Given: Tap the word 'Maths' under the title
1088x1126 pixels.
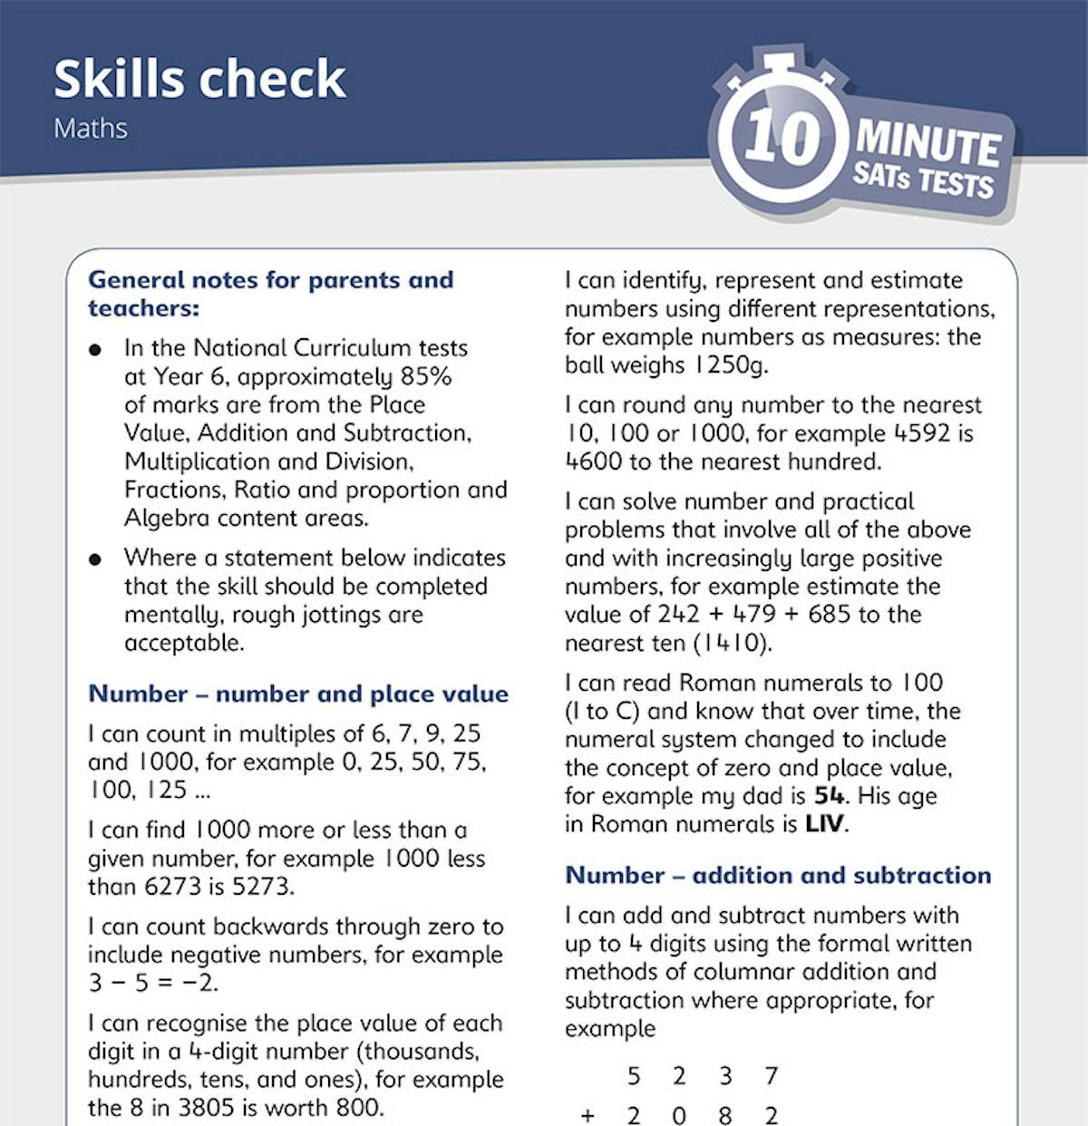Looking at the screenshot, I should pyautogui.click(x=91, y=128).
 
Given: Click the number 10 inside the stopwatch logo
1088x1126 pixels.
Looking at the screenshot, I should pyautogui.click(x=782, y=137).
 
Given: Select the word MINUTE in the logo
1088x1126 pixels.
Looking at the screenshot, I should pyautogui.click(x=928, y=143).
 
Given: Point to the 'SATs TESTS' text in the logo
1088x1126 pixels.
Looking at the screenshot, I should pyautogui.click(x=923, y=179).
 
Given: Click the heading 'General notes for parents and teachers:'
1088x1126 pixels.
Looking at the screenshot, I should pyautogui.click(x=270, y=294).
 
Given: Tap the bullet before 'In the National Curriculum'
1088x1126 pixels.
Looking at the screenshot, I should pyautogui.click(x=95, y=349).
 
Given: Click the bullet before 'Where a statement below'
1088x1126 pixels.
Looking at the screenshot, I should pyautogui.click(x=95, y=558).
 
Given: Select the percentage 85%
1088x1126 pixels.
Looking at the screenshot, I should pyautogui.click(x=425, y=376).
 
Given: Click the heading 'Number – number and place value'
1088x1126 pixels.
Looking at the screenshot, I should pyautogui.click(x=298, y=694).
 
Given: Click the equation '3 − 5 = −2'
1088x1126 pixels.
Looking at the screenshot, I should pyautogui.click(x=153, y=983).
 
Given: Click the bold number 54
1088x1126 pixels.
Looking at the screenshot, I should pyautogui.click(x=829, y=796).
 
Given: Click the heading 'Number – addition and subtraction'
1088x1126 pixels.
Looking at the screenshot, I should pyautogui.click(x=778, y=875).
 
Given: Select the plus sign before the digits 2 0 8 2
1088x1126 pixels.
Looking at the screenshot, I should pyautogui.click(x=588, y=1115).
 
